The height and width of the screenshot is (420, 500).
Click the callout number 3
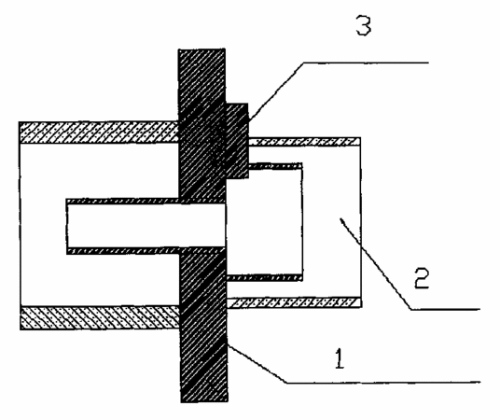(x=364, y=26)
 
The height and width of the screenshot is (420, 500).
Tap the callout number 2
(x=422, y=278)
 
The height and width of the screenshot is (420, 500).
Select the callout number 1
(x=340, y=358)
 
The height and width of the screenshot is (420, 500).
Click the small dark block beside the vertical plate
(x=237, y=140)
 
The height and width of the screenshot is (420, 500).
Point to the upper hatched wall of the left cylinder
(x=99, y=132)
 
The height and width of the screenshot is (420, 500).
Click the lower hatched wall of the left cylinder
(x=100, y=318)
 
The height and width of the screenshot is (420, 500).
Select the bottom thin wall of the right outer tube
(x=294, y=302)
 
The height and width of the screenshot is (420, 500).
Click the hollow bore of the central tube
(x=146, y=225)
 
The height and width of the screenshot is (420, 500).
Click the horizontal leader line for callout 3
(x=366, y=63)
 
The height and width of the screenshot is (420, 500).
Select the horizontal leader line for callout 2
(x=445, y=309)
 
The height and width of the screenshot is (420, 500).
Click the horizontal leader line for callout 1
(x=382, y=382)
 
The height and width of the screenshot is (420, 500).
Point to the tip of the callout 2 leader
(x=340, y=218)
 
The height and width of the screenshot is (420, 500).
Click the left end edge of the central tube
(x=67, y=226)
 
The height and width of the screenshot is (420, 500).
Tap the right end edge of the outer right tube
(x=361, y=222)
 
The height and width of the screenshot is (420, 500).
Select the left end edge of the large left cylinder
(x=21, y=225)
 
